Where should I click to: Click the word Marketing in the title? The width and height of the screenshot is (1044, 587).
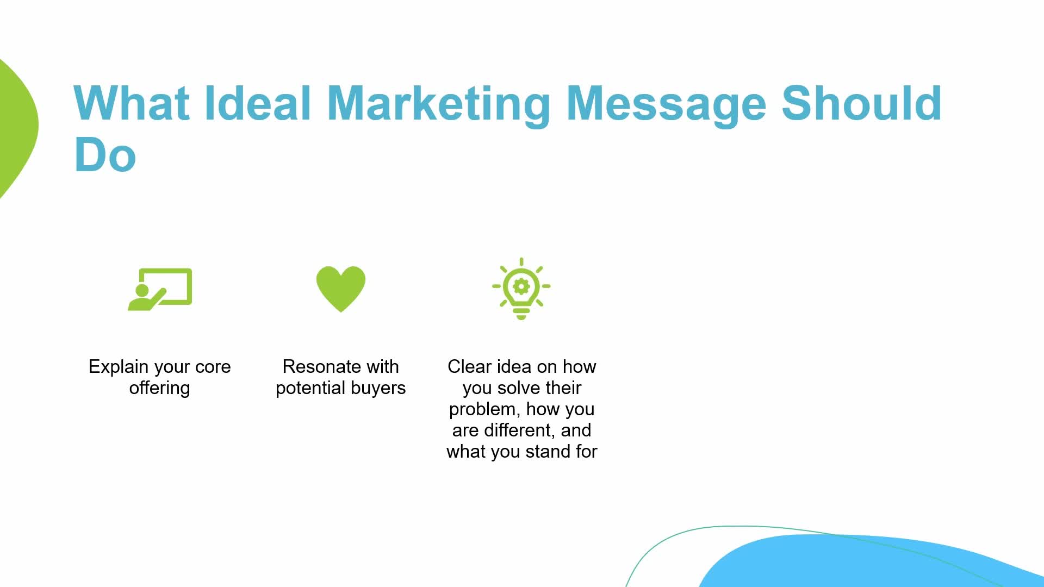(x=439, y=104)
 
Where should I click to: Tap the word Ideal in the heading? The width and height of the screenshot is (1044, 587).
(x=258, y=103)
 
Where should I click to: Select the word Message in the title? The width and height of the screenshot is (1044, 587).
(x=666, y=104)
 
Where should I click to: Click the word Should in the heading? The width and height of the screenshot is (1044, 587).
(x=861, y=103)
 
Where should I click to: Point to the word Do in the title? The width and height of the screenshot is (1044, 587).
(x=105, y=155)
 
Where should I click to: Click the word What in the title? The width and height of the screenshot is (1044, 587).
(x=131, y=103)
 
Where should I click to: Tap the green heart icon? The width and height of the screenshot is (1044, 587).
(x=341, y=289)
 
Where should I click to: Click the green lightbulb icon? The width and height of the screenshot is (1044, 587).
(x=521, y=289)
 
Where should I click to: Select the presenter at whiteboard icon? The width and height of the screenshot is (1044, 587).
(x=160, y=289)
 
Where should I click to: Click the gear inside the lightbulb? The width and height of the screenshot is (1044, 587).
(x=521, y=286)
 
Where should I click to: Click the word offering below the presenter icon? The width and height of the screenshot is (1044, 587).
(x=160, y=388)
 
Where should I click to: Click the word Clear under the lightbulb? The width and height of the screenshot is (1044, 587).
(x=469, y=367)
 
